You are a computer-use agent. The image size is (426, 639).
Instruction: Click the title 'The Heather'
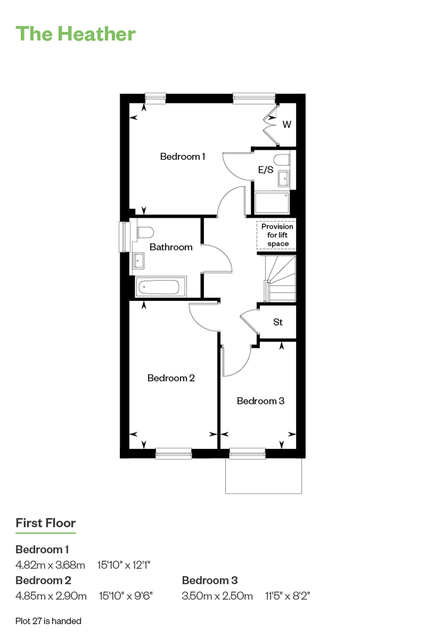pyautogui.click(x=76, y=34)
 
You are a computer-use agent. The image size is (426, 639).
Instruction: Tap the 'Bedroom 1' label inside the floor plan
pyautogui.click(x=182, y=156)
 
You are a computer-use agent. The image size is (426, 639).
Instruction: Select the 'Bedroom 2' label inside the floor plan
pyautogui.click(x=171, y=378)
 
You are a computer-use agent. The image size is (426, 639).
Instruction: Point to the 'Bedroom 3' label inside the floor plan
pyautogui.click(x=260, y=401)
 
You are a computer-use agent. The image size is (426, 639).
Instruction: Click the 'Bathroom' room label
pyautogui.click(x=171, y=247)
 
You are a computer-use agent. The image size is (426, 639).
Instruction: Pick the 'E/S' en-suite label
pyautogui.click(x=266, y=170)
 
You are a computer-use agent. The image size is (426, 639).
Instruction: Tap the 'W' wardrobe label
pyautogui.click(x=287, y=124)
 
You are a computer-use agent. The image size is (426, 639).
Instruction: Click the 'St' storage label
pyautogui.click(x=278, y=322)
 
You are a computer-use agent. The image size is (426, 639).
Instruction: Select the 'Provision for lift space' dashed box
pyautogui.click(x=276, y=235)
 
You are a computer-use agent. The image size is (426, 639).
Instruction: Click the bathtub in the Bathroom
pyautogui.click(x=161, y=287)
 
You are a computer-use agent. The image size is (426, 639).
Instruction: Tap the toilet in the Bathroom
pyautogui.click(x=145, y=232)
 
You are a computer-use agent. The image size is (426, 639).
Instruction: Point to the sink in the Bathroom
pyautogui.click(x=138, y=261)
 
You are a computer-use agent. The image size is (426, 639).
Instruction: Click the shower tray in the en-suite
pyautogui.click(x=272, y=203)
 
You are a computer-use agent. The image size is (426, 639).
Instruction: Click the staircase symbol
pyautogui.click(x=280, y=278)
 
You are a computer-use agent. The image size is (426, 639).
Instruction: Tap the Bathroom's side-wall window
pyautogui.click(x=124, y=237)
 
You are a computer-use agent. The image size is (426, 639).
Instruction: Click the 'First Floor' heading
pyautogui.click(x=46, y=523)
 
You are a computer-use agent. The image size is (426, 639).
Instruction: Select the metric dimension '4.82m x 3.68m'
pyautogui.click(x=50, y=565)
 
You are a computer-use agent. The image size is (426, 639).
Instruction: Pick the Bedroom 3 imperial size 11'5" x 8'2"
pyautogui.click(x=287, y=596)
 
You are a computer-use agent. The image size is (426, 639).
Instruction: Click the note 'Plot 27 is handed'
pyautogui.click(x=48, y=621)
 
